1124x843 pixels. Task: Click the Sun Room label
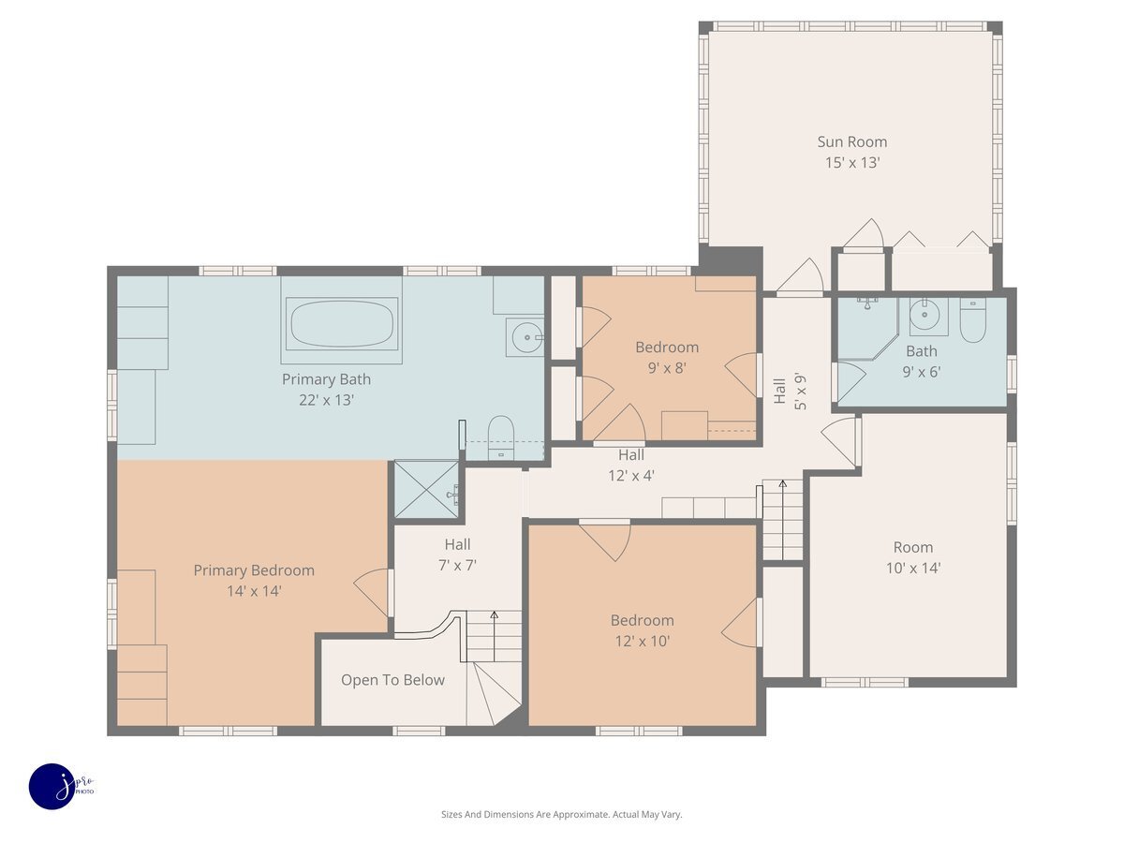tap(851, 141)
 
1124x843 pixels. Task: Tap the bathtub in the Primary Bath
tap(342, 324)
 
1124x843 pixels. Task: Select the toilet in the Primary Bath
tap(501, 438)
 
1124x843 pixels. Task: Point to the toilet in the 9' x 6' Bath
tap(972, 320)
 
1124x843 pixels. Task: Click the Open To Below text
tap(392, 680)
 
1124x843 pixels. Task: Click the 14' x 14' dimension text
tap(254, 591)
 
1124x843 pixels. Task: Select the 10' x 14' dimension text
tap(913, 569)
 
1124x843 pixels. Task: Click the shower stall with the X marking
tap(426, 489)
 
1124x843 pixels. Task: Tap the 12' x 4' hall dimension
tap(631, 476)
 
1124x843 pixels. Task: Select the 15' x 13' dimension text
tap(852, 163)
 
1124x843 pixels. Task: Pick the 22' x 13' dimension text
tap(326, 400)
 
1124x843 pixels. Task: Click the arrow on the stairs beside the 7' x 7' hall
tap(495, 636)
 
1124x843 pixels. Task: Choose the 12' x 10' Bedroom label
tap(643, 620)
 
